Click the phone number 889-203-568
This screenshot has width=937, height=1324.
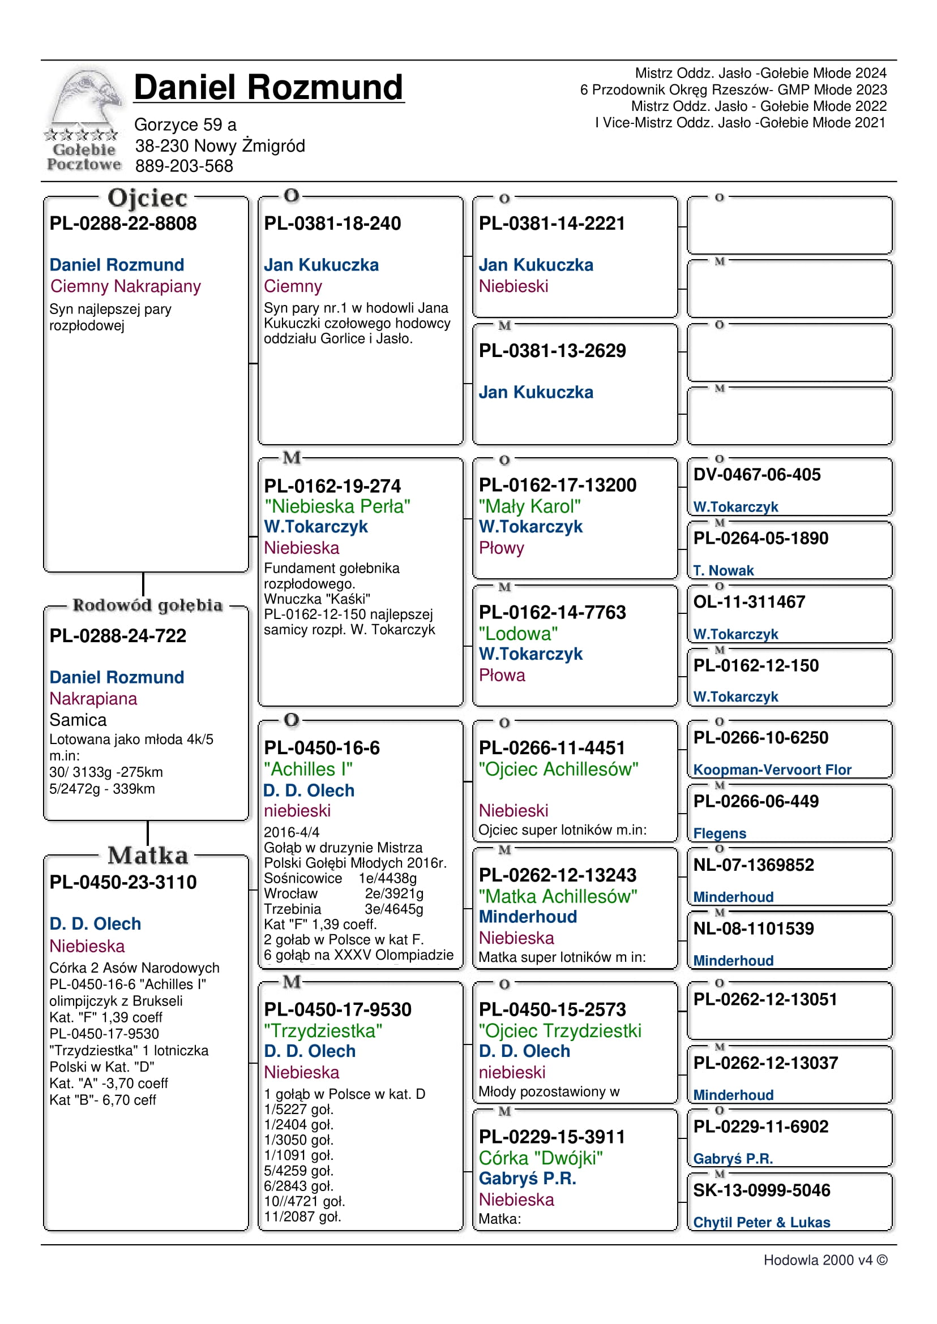click(x=184, y=166)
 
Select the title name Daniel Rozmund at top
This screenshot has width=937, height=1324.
click(x=268, y=88)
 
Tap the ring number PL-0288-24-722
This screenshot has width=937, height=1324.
click(x=118, y=635)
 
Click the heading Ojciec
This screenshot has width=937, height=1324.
click(x=147, y=198)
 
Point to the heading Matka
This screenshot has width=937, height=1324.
click(x=148, y=855)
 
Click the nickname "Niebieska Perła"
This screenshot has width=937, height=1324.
click(x=337, y=506)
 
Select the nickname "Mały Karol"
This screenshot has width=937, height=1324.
click(x=530, y=506)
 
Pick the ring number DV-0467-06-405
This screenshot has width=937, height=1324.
click(x=757, y=475)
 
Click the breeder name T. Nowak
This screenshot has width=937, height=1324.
click(x=724, y=570)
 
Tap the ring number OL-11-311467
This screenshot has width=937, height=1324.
click(x=749, y=602)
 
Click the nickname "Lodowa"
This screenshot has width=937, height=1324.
click(x=518, y=634)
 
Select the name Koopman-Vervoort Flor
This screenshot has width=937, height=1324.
click(x=772, y=770)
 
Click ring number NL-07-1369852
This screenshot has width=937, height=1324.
click(x=754, y=865)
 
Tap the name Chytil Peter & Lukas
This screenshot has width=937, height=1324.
click(x=761, y=1223)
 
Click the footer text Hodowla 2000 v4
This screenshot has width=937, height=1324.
click(x=825, y=1260)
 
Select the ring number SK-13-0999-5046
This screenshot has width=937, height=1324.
click(x=761, y=1190)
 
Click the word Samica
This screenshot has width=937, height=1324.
click(x=78, y=720)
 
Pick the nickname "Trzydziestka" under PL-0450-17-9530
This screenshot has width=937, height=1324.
click(x=323, y=1031)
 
